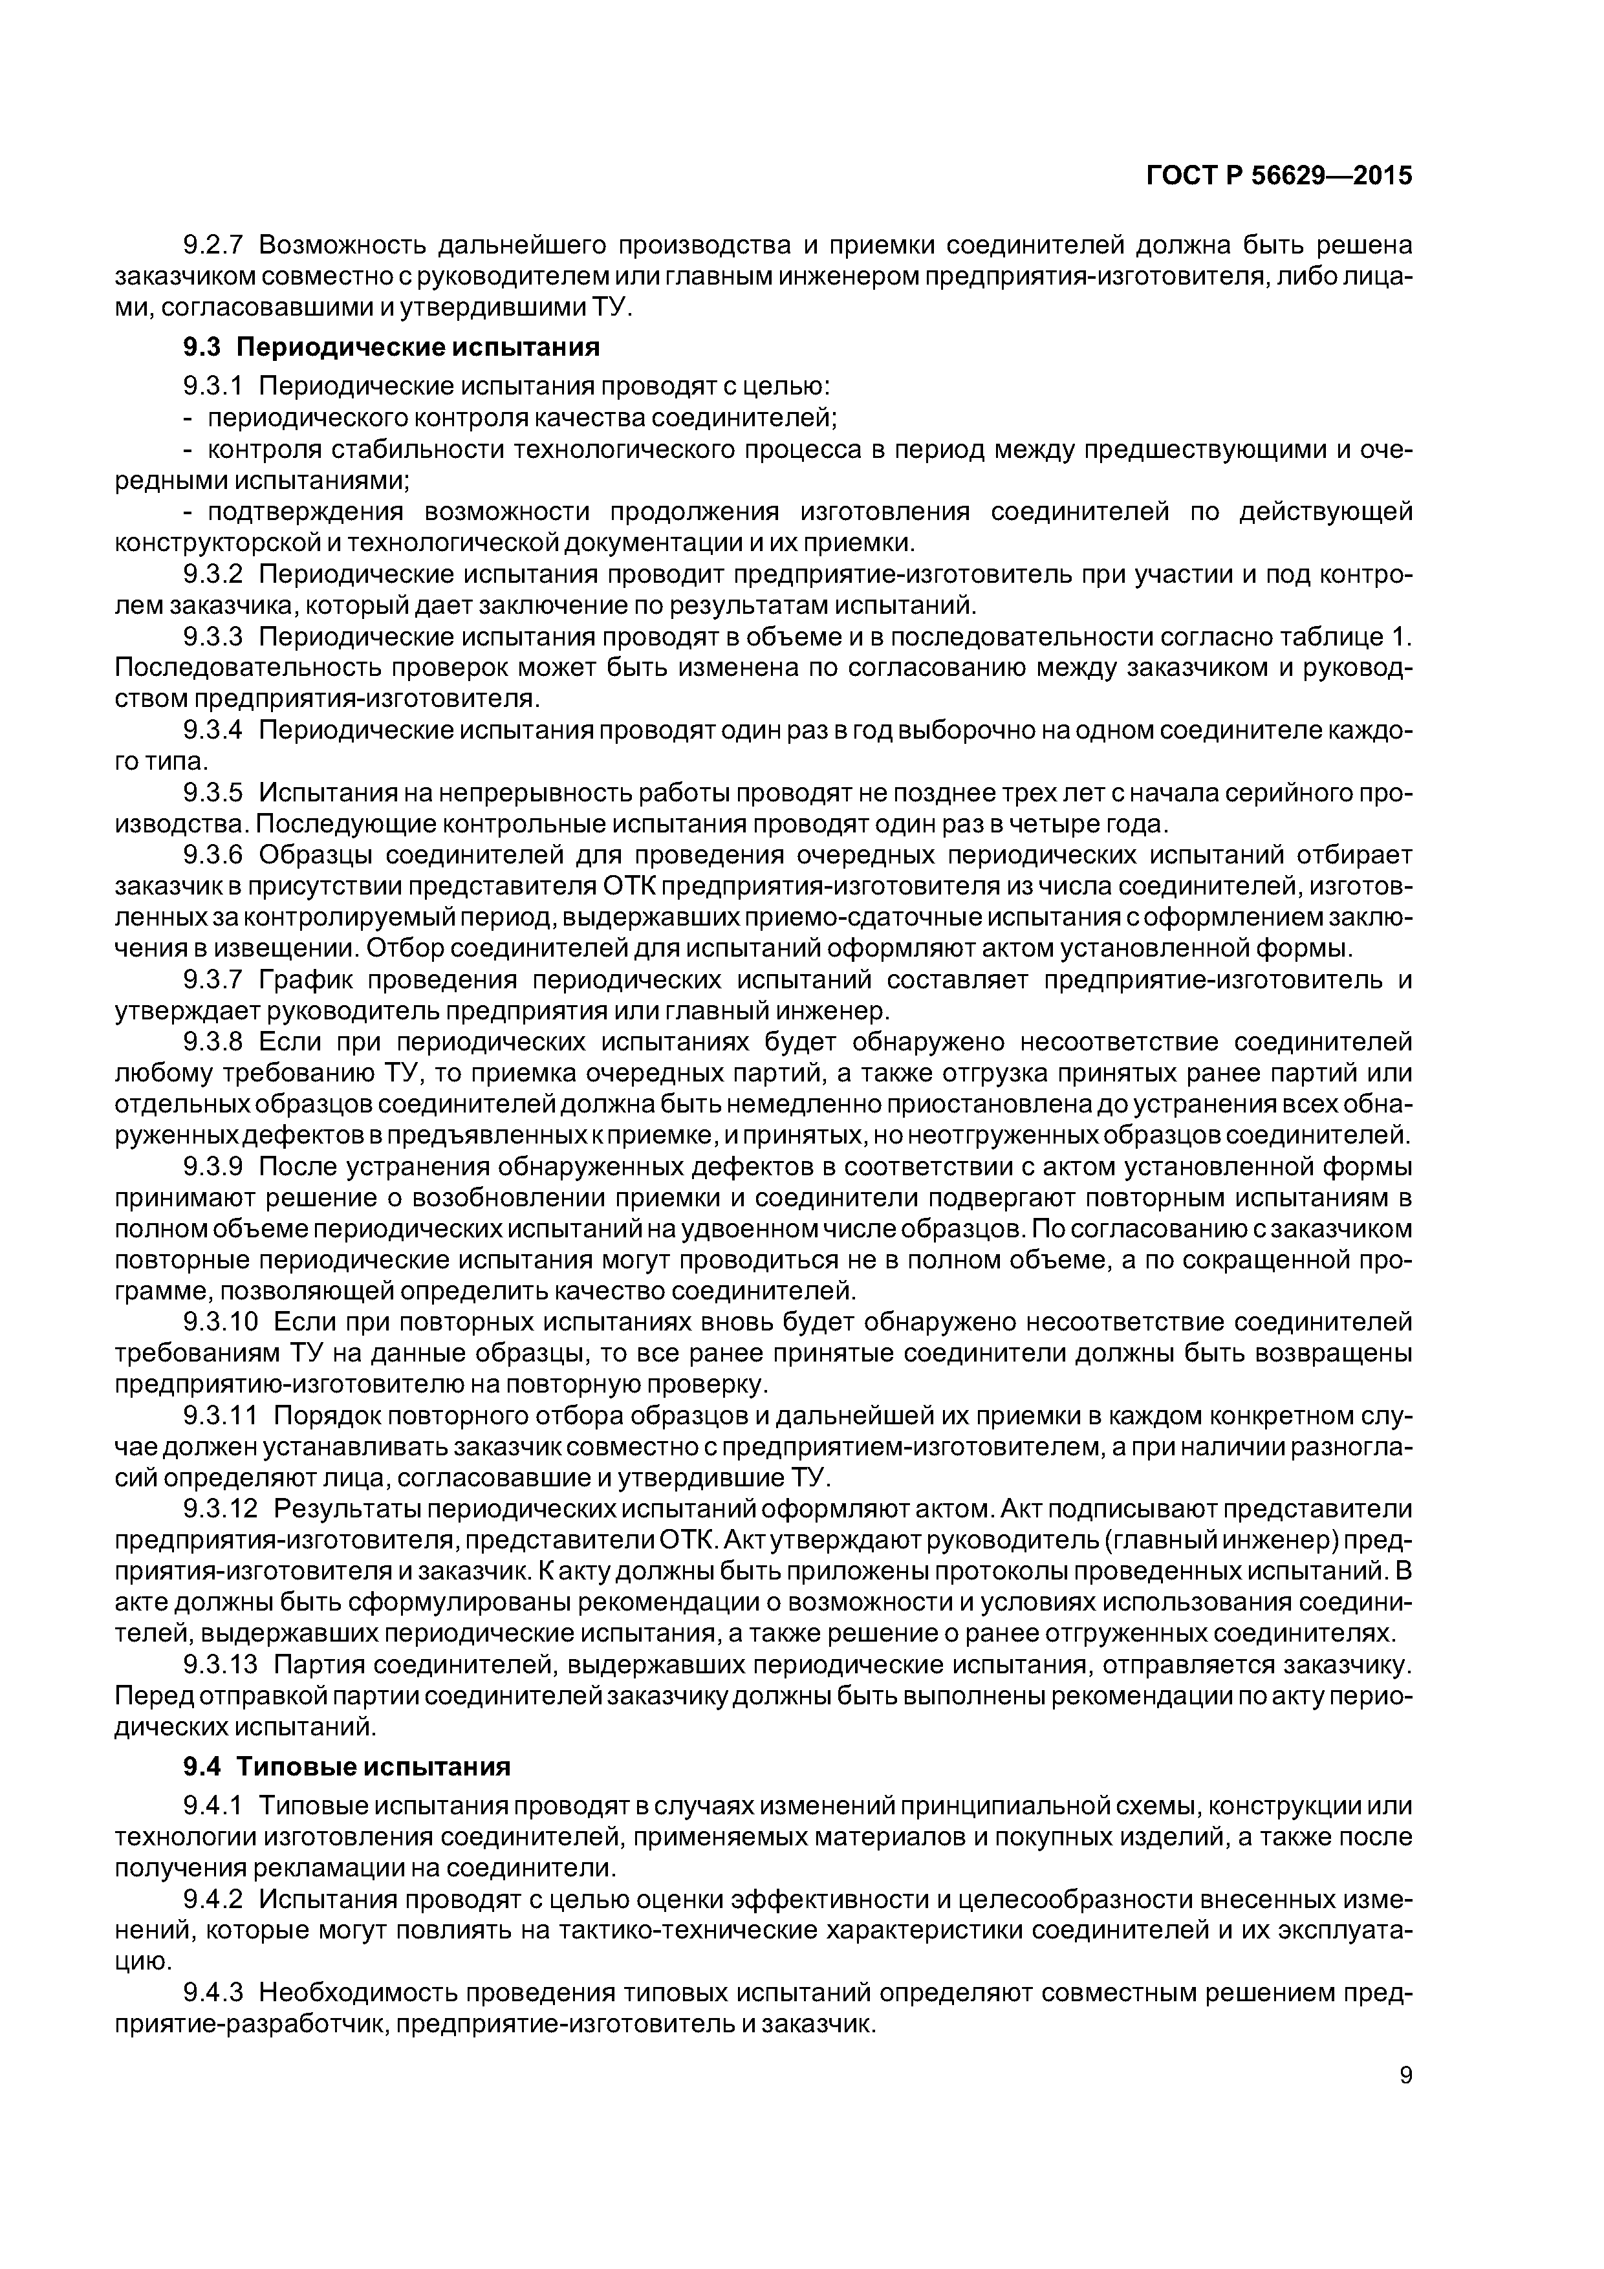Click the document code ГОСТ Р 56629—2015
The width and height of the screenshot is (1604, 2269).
[1278, 176]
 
